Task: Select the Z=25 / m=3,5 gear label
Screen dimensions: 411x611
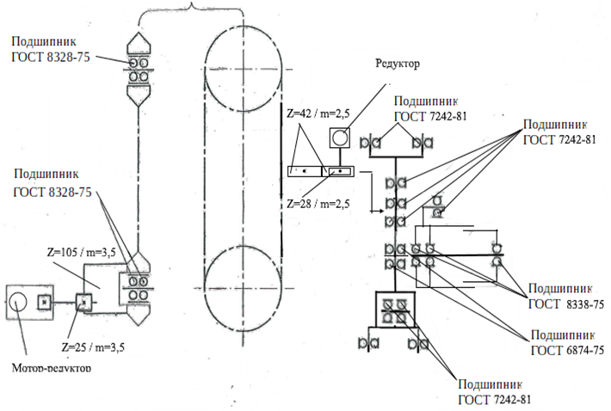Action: click(94, 347)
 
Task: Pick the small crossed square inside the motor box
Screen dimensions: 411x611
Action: click(44, 300)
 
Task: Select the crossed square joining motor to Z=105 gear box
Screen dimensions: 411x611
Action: click(83, 302)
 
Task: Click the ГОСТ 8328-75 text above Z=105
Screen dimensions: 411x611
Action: click(52, 193)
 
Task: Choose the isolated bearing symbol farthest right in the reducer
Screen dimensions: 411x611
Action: click(496, 253)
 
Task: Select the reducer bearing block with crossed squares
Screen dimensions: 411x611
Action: click(397, 311)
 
